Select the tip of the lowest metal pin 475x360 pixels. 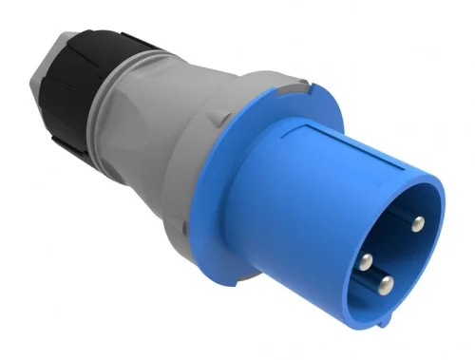click(386, 285)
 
